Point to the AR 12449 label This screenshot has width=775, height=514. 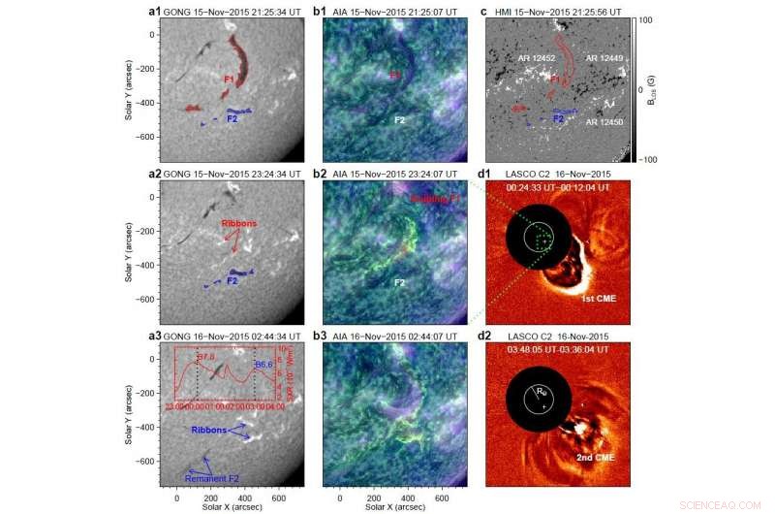click(603, 57)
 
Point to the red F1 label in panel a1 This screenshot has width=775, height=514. click(229, 78)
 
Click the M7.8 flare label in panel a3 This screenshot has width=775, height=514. click(204, 358)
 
